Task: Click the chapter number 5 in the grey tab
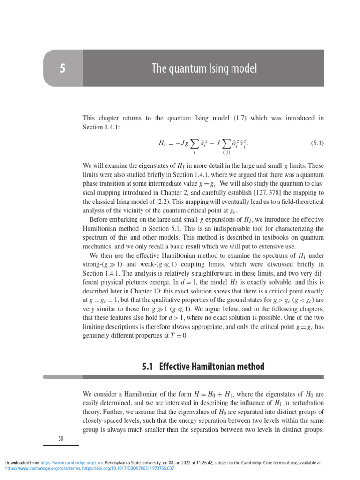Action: tap(62, 69)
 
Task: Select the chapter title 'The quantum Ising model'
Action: tap(204, 69)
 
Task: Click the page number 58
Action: tap(60, 439)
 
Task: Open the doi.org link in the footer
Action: tap(128, 468)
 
